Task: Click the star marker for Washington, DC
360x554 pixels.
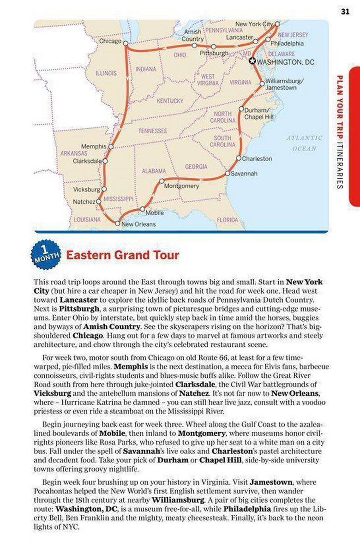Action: point(252,60)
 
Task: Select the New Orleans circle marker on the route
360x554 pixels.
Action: point(118,223)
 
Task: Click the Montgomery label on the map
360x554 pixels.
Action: point(182,186)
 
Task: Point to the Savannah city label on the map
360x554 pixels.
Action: point(244,174)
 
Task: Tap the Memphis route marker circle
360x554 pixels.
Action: point(111,147)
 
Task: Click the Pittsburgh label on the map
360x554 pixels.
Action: point(214,54)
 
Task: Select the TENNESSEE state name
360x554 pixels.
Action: point(152,131)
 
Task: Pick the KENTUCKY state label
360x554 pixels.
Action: point(169,101)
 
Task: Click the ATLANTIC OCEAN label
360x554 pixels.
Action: point(304,143)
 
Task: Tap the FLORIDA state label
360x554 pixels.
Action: point(227,220)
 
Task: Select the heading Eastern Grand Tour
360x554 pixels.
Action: point(122,255)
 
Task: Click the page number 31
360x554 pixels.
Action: point(345,12)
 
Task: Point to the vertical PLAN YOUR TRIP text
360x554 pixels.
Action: point(340,107)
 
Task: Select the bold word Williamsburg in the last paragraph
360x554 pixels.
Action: point(178,500)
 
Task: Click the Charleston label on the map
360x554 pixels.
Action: point(257,158)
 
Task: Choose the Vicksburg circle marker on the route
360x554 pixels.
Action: point(104,189)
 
